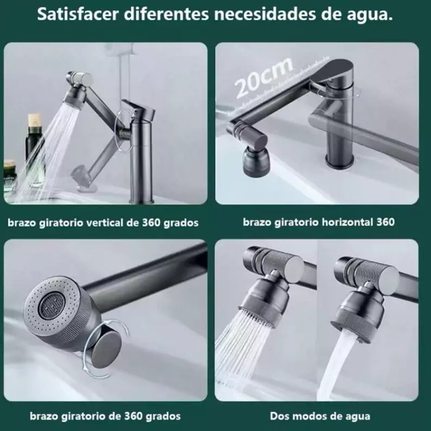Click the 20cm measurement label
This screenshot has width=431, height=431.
263,77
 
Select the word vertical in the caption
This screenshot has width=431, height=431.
105,222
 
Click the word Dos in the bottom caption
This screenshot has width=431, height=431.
279,416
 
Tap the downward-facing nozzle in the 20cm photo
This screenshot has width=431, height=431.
256,161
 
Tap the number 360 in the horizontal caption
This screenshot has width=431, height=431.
386,222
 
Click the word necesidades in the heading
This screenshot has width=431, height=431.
265,14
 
